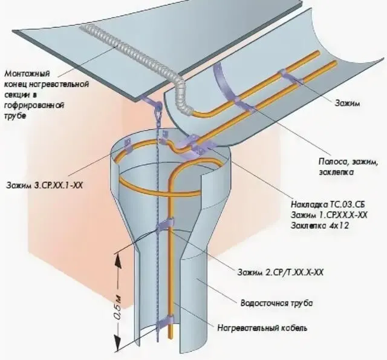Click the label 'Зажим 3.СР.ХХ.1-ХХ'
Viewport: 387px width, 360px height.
pyautogui.click(x=44, y=185)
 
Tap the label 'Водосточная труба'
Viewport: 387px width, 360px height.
pyautogui.click(x=276, y=303)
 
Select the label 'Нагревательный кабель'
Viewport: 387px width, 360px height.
pyautogui.click(x=262, y=328)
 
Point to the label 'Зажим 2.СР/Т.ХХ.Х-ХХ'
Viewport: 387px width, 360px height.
pyautogui.click(x=281, y=272)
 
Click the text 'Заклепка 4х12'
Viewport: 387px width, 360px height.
pyautogui.click(x=320, y=226)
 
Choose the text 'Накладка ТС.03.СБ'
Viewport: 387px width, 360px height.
pyautogui.click(x=328, y=205)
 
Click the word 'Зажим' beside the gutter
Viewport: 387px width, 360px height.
pyautogui.click(x=347, y=103)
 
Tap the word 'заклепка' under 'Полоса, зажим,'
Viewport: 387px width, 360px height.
pyautogui.click(x=336, y=172)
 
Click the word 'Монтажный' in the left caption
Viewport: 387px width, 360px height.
pyautogui.click(x=27, y=74)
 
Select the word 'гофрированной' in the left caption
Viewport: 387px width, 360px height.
pyautogui.click(x=34, y=105)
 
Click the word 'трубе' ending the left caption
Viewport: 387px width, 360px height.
pyautogui.click(x=15, y=116)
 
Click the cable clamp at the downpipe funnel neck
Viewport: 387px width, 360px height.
pyautogui.click(x=165, y=224)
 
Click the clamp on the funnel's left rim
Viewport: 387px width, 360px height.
pyautogui.click(x=128, y=145)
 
